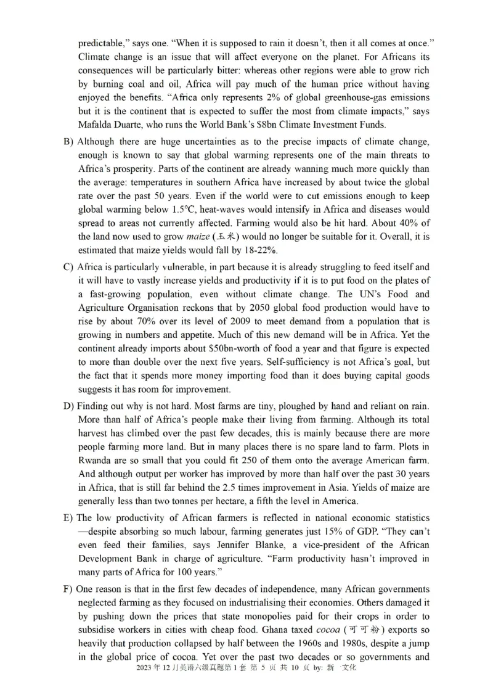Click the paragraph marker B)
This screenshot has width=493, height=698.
pyautogui.click(x=68, y=141)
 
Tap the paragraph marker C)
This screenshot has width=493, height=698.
pyautogui.click(x=68, y=267)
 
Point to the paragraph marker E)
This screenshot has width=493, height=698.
pyautogui.click(x=68, y=517)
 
